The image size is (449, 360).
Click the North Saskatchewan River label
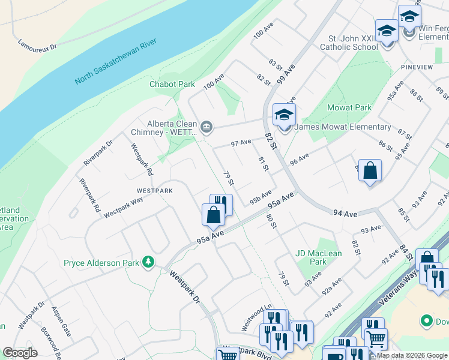click(x=115, y=61)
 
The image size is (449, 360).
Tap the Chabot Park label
click(x=172, y=85)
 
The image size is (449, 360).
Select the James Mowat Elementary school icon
click(x=284, y=114)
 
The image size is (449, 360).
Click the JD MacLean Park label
click(x=319, y=257)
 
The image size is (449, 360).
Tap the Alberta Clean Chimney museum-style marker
click(x=206, y=126)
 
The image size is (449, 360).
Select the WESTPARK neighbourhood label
click(x=154, y=190)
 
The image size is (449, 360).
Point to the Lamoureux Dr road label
click(x=37, y=44)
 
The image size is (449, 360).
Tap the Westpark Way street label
click(x=123, y=206)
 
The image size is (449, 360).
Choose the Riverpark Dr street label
click(x=98, y=153)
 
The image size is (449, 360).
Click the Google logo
click(x=20, y=353)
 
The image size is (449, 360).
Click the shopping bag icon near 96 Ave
click(x=370, y=171)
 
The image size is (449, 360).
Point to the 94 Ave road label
click(x=345, y=213)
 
